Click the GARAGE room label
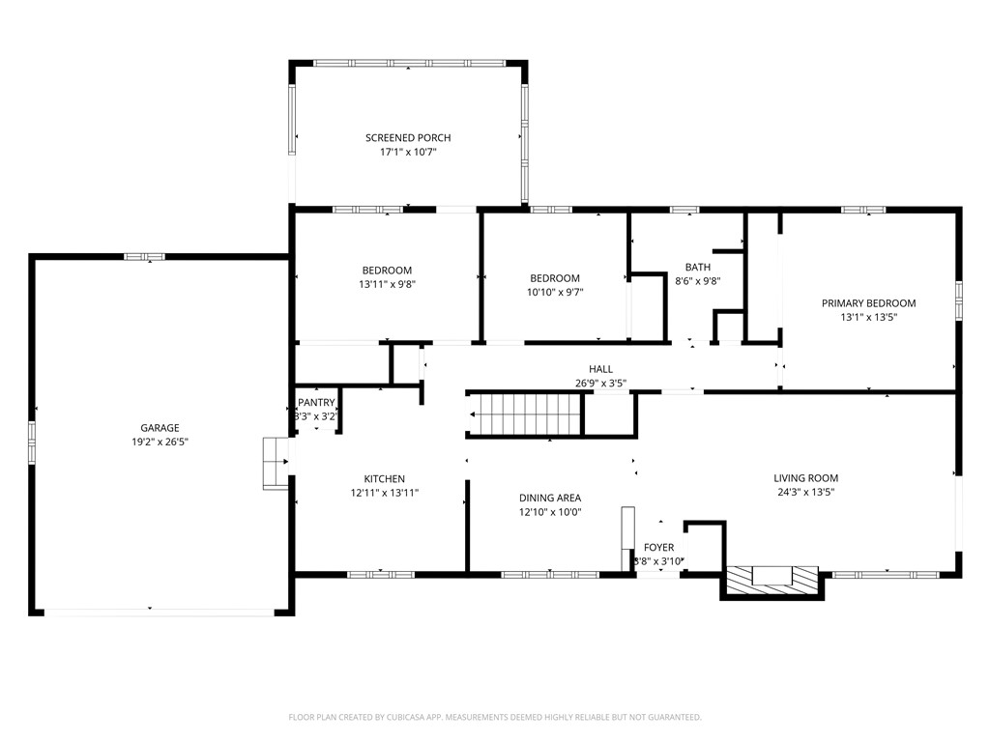coord(160,428)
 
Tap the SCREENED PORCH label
coord(407,138)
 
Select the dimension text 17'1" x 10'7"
coord(407,153)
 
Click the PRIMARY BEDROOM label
coord(868,303)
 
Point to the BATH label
coord(697,268)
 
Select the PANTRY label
coord(316,403)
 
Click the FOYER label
coord(658,548)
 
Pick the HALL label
coord(600,369)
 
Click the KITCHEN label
coord(384,479)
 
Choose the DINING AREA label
coord(549,499)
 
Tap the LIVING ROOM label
coord(805,478)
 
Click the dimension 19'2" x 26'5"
coord(160,442)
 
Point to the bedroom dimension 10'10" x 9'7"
coord(554,292)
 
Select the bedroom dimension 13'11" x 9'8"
coord(387,284)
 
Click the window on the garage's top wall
coord(145,256)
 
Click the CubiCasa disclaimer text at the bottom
coord(494,717)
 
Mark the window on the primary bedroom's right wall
coord(958,300)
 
